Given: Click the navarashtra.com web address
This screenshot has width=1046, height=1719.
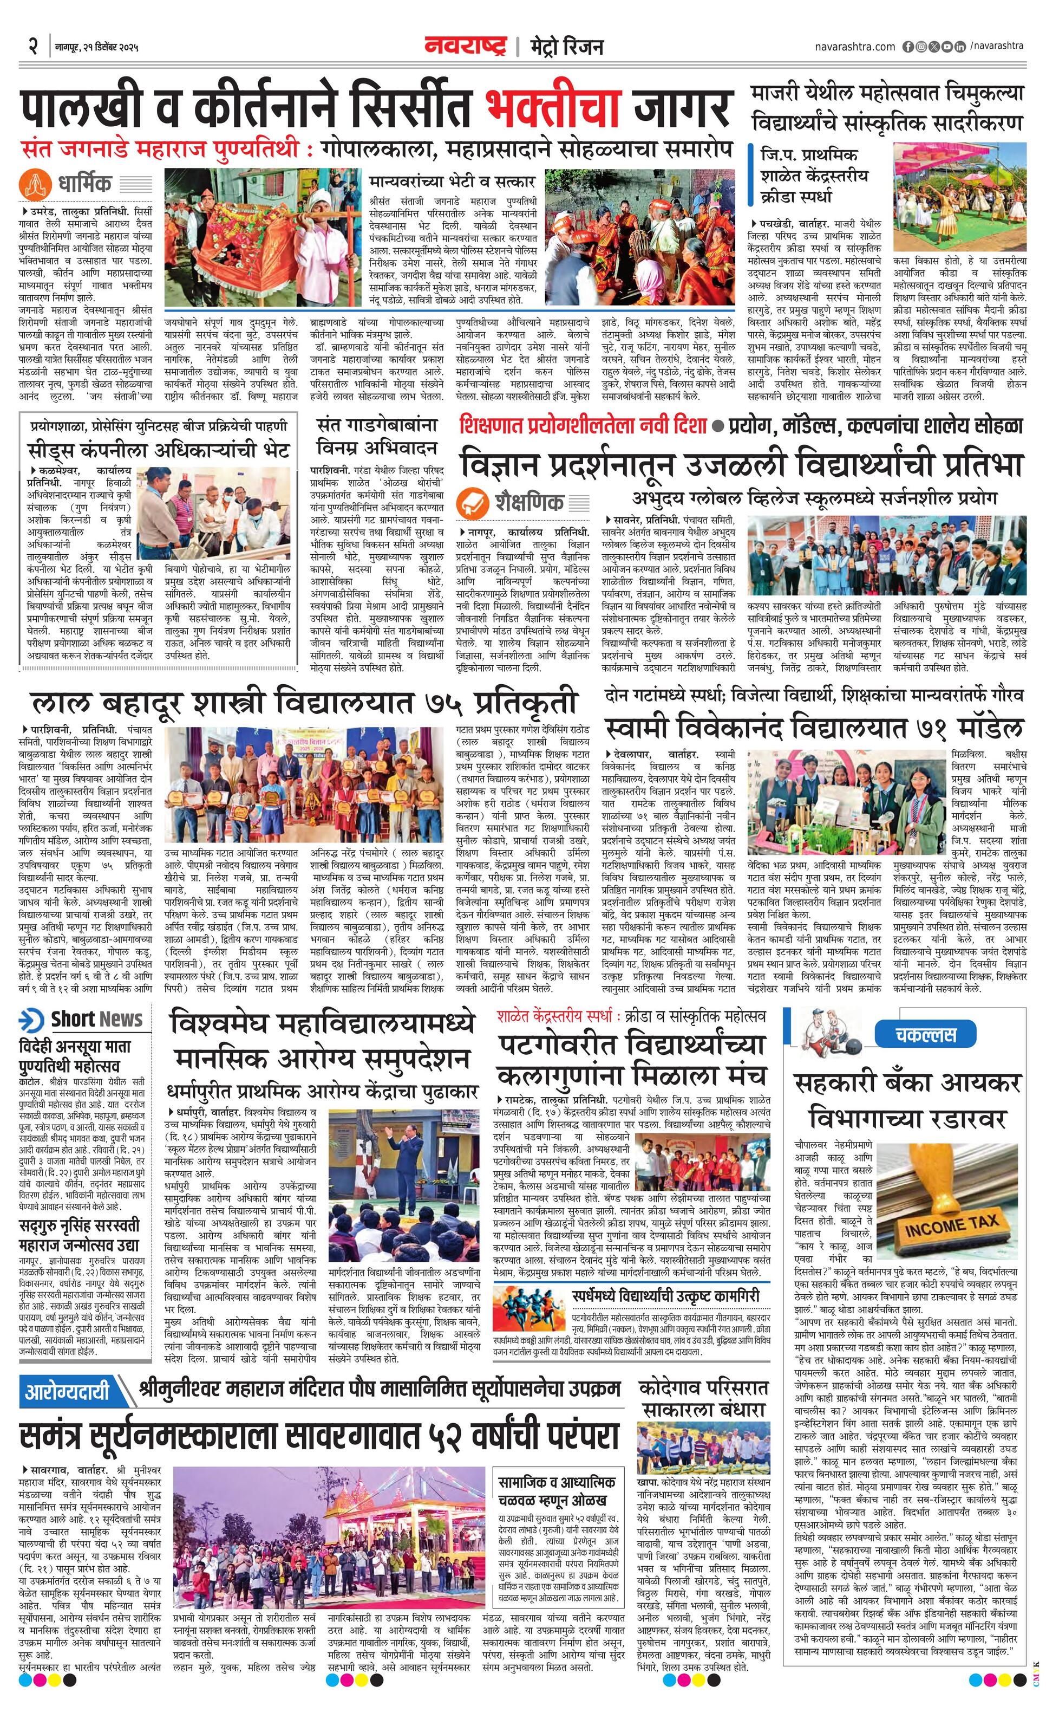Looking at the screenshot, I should point(854,47).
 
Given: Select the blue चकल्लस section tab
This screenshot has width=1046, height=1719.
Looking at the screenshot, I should point(925,1034).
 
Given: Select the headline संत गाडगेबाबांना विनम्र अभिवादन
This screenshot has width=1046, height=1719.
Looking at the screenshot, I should point(377,436).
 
